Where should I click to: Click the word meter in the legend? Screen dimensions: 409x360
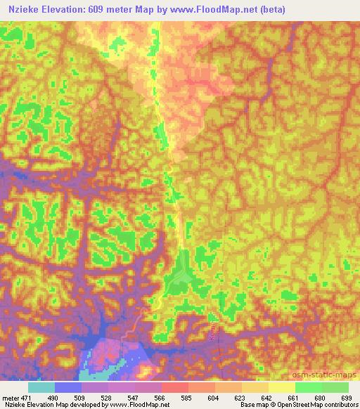12,397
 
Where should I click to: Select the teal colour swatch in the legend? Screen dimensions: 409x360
41,387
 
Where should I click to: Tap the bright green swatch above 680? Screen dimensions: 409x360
308,387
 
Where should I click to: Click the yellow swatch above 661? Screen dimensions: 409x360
281,387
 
